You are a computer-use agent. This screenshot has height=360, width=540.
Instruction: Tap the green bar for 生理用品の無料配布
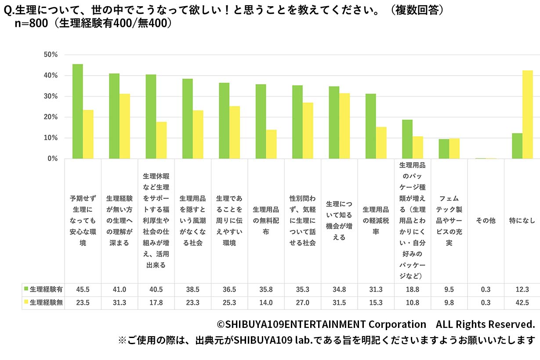coord(261,121)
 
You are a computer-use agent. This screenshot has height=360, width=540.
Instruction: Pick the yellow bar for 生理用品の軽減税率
coord(381,143)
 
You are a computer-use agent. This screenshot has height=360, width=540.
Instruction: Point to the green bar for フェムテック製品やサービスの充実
coord(444,149)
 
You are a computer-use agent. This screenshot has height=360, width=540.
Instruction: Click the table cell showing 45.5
coord(83,289)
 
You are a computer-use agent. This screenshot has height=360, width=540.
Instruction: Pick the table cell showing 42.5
coord(522,303)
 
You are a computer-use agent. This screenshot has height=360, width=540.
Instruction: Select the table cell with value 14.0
coord(266,303)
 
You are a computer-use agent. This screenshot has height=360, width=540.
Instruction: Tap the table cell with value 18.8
coord(412,289)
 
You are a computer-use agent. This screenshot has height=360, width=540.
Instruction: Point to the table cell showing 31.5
coord(339,303)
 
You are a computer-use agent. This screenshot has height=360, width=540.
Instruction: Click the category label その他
coord(486,221)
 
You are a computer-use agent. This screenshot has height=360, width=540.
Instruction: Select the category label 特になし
coord(522,221)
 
